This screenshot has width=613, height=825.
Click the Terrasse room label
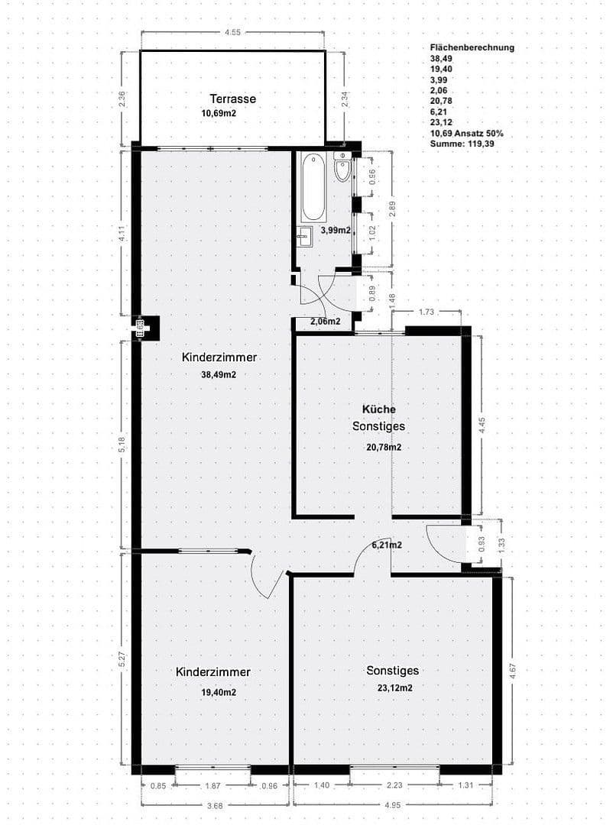point(232,99)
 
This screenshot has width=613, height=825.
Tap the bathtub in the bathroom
point(313,187)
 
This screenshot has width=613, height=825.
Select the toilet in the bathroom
point(342,170)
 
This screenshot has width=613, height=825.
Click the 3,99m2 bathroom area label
point(336,230)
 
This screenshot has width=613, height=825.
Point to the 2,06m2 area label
point(325,322)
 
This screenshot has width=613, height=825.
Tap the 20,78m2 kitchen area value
point(384,448)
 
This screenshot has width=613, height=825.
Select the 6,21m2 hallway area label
point(387,545)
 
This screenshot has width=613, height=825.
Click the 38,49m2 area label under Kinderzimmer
point(219,375)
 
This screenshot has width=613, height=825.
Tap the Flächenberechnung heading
point(472,47)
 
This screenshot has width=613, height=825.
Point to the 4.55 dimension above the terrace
point(232,32)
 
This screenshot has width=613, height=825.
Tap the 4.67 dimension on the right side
point(511,671)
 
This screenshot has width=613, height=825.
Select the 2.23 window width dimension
point(394,784)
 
